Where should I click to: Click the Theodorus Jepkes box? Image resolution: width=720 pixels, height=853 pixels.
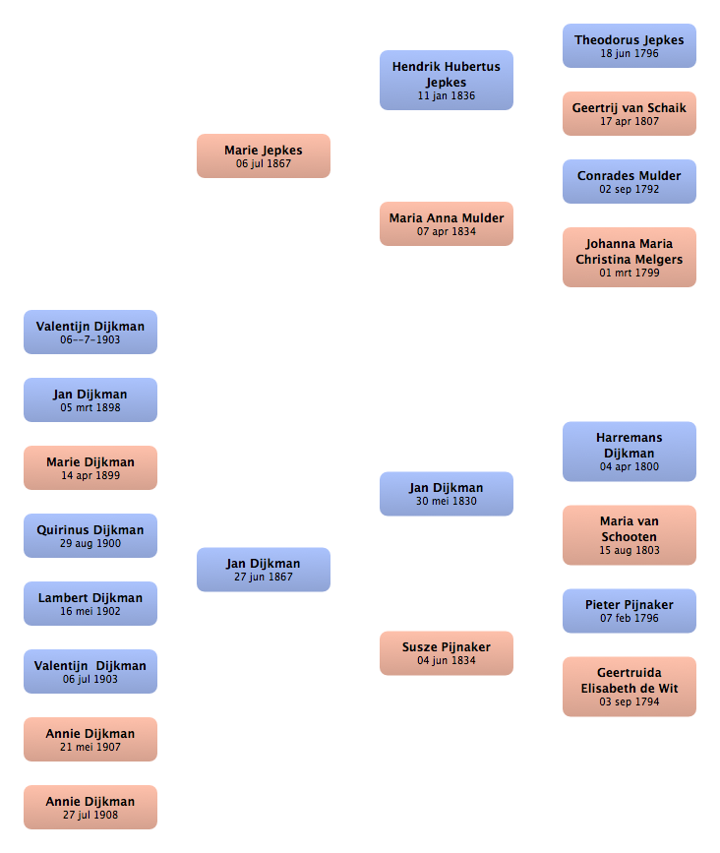click(x=630, y=45)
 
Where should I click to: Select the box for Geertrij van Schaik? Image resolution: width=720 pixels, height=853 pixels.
click(x=630, y=114)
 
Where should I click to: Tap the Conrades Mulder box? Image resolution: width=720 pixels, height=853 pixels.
click(x=630, y=182)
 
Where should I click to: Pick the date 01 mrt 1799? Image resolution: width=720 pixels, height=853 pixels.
click(x=630, y=273)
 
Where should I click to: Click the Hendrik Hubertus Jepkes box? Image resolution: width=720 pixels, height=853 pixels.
click(x=447, y=81)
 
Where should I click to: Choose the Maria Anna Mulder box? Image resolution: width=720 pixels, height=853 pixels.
click(x=447, y=224)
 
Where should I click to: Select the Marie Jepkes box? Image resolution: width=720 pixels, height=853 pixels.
click(x=264, y=156)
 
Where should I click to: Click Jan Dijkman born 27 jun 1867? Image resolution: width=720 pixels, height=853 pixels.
click(x=264, y=570)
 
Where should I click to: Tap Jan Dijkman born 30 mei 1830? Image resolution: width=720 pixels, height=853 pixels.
click(x=447, y=494)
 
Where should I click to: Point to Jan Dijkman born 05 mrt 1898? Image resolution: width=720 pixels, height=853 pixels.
click(x=90, y=399)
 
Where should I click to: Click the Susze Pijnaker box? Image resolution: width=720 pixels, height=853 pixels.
click(x=447, y=653)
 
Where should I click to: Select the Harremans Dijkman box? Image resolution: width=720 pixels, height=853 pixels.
click(x=630, y=452)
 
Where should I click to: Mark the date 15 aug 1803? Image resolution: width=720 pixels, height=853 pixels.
click(x=630, y=550)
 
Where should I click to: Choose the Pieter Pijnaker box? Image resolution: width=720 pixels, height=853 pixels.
click(x=630, y=611)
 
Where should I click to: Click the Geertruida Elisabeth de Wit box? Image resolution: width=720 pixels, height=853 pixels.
click(x=630, y=687)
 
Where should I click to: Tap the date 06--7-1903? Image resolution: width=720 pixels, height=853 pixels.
click(x=90, y=339)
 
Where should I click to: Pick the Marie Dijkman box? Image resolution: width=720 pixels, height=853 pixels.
click(x=90, y=468)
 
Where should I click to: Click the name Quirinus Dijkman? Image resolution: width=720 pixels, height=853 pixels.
click(x=90, y=530)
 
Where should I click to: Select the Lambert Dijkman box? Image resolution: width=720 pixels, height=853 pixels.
click(x=90, y=604)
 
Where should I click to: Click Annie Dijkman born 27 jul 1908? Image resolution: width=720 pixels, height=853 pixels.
click(x=90, y=808)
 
